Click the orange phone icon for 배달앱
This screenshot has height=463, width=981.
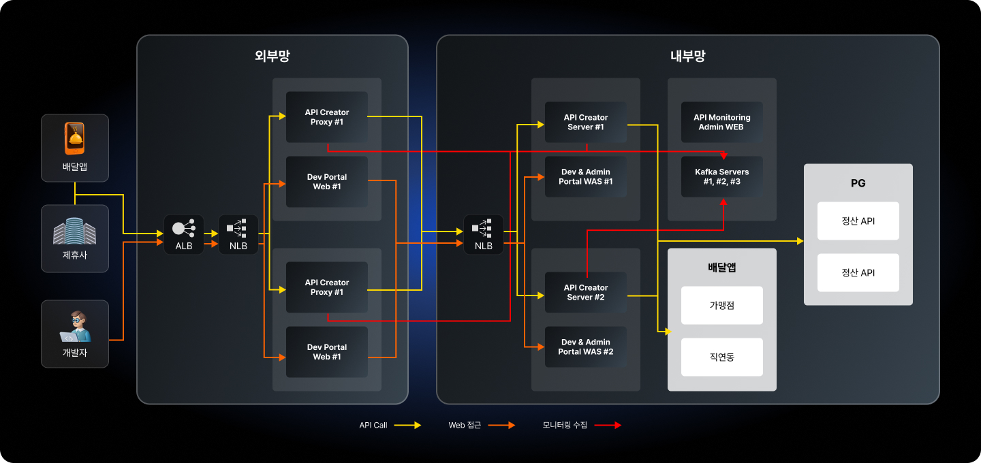(75, 140)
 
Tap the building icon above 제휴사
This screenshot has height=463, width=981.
(75, 231)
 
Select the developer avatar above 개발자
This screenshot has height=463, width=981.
(75, 327)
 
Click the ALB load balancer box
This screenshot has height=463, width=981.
(184, 235)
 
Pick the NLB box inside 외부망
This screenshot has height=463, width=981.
(238, 235)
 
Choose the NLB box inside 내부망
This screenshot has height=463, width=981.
(484, 235)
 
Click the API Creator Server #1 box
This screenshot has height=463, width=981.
(585, 123)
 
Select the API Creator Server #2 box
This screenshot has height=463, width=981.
(585, 293)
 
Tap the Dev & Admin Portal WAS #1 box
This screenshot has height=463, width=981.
(585, 177)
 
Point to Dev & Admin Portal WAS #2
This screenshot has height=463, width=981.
(585, 347)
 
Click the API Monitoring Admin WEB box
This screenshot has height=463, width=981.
(721, 123)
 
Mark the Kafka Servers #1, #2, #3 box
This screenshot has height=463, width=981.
(721, 177)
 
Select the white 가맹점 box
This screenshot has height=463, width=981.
(721, 306)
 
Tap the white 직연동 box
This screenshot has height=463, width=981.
(721, 357)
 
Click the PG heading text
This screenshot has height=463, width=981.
(858, 183)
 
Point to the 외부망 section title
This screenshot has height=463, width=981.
(272, 57)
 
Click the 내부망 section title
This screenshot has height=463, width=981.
(687, 57)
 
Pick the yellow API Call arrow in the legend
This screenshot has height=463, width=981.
(407, 425)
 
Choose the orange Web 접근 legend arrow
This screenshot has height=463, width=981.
(501, 425)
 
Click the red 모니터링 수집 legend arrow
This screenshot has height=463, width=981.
(608, 425)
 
